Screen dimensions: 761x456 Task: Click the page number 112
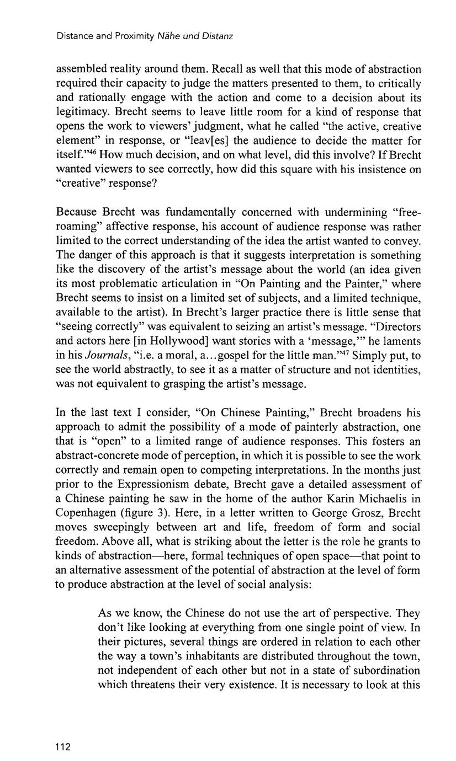point(63,747)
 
